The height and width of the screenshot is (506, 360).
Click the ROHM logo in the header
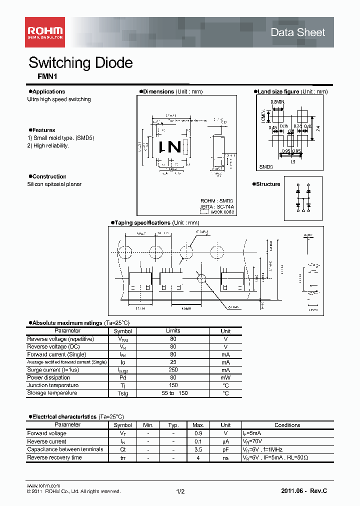tap(44, 32)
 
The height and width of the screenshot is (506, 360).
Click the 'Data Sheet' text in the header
tap(297, 32)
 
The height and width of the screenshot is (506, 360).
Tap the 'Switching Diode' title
tap(80, 63)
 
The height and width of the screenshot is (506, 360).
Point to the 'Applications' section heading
tap(48, 91)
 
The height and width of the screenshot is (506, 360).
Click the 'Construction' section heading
tap(49, 176)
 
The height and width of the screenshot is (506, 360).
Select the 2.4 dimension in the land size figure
tap(318, 128)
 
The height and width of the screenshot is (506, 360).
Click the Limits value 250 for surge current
tap(173, 370)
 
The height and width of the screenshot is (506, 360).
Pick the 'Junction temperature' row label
tap(52, 385)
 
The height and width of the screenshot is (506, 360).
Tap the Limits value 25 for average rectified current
tap(173, 362)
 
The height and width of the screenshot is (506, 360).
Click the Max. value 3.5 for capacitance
tap(198, 449)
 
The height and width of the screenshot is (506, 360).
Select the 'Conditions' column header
tap(287, 425)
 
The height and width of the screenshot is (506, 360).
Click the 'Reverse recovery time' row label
tap(54, 457)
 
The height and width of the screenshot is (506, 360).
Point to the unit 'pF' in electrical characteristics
tap(225, 449)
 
